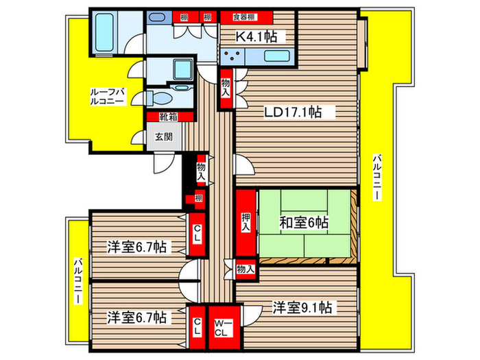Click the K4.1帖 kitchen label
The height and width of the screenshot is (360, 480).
(x=256, y=37)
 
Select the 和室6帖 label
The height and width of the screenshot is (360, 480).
(x=303, y=223)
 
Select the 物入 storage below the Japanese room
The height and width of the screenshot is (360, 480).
(x=245, y=269)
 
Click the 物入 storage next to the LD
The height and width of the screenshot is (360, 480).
(x=226, y=89)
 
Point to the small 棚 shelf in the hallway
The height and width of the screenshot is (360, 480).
(x=197, y=200)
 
